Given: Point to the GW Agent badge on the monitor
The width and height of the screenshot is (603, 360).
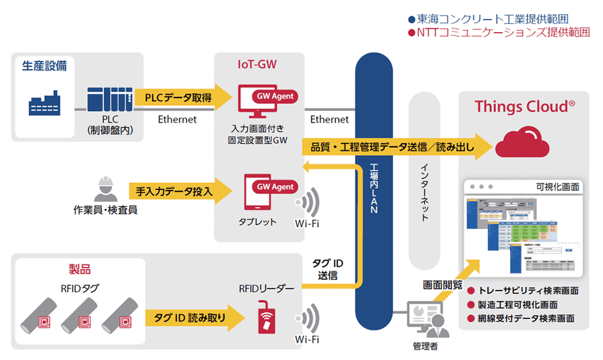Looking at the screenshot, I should [275, 96].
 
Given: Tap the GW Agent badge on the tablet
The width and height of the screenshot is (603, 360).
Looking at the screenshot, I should [275, 187].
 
